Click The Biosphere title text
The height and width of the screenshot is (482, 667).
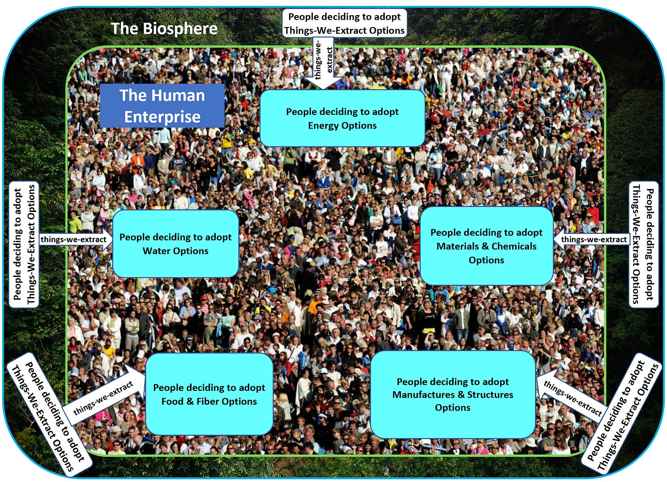click(x=164, y=28)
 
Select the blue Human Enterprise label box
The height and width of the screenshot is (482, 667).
click(x=162, y=106)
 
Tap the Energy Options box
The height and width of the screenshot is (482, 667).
click(x=342, y=118)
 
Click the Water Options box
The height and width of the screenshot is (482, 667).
click(x=175, y=244)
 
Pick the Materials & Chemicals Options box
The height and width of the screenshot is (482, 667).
click(x=486, y=246)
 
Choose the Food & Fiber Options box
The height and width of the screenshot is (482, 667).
click(x=209, y=394)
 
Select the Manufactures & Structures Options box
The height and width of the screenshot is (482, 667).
click(x=453, y=394)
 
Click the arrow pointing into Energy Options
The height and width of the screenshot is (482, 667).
click(x=323, y=64)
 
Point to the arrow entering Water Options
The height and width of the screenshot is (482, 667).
click(x=76, y=239)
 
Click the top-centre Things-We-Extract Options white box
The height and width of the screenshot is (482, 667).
click(x=344, y=23)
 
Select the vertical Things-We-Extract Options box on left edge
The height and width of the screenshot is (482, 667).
click(x=24, y=244)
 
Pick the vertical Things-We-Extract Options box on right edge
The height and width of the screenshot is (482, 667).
click(x=643, y=244)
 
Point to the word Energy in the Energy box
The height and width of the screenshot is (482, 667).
click(x=323, y=125)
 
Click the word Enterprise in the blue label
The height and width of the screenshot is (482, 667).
click(x=162, y=117)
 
